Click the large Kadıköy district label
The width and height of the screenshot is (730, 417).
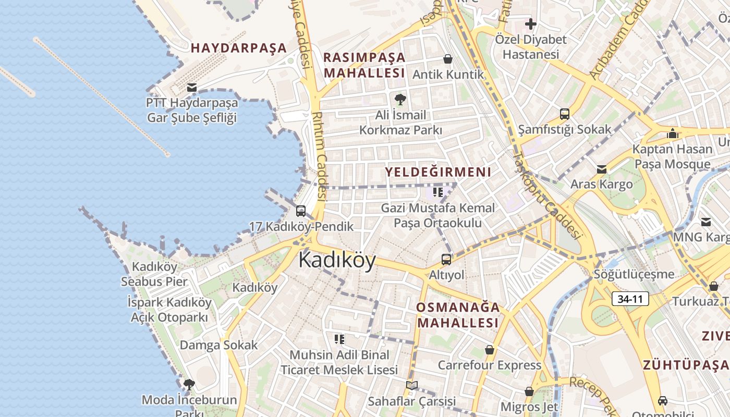point(337,260)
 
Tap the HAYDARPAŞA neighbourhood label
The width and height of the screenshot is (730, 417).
point(239,48)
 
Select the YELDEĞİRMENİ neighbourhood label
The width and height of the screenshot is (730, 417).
point(438,172)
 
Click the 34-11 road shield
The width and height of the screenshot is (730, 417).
point(630,299)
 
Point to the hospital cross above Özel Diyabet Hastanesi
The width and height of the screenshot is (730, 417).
point(530,24)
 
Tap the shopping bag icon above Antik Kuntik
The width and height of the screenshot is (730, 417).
point(447,59)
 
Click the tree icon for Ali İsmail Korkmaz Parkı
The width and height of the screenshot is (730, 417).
point(400,99)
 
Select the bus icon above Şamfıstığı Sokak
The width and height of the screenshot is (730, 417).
point(564,114)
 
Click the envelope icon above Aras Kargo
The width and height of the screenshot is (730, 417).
point(602,169)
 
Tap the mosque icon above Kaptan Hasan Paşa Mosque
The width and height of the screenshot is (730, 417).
point(672,133)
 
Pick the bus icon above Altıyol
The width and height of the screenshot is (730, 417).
point(446,259)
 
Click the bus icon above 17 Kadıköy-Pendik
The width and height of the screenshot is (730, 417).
point(301,211)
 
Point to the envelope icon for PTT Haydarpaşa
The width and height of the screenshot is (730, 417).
point(192,88)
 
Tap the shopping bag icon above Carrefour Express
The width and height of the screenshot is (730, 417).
point(489,350)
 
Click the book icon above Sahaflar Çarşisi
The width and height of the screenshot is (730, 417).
point(412,386)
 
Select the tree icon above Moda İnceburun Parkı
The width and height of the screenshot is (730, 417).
point(189,385)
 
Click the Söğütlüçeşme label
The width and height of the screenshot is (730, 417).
point(634,274)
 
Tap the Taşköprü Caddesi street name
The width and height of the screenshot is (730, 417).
point(546,195)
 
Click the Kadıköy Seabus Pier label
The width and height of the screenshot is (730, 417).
point(154,274)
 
